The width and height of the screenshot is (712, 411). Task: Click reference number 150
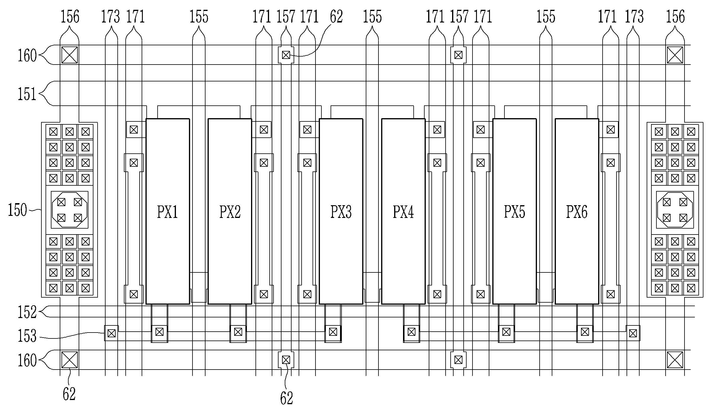[x=17, y=210]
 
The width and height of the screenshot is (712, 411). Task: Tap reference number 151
[x=27, y=94]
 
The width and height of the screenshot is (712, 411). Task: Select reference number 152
[x=27, y=312]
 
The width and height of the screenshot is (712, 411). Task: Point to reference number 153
[x=27, y=336]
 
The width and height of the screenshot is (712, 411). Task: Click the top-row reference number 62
[x=336, y=17]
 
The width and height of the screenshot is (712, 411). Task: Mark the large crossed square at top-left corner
[x=69, y=55]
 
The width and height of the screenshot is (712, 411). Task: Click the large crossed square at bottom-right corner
[x=675, y=360]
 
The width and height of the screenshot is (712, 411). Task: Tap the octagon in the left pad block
[x=69, y=210]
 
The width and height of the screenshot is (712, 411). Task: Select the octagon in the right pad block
[x=675, y=210]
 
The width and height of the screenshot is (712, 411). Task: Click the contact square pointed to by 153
[x=111, y=333]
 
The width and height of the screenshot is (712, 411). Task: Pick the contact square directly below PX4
[x=411, y=332]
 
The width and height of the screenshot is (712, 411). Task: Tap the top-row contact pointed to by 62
[x=286, y=55]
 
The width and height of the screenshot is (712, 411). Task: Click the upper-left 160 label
[x=27, y=55]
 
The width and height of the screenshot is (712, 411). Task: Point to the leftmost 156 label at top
[x=70, y=17]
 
